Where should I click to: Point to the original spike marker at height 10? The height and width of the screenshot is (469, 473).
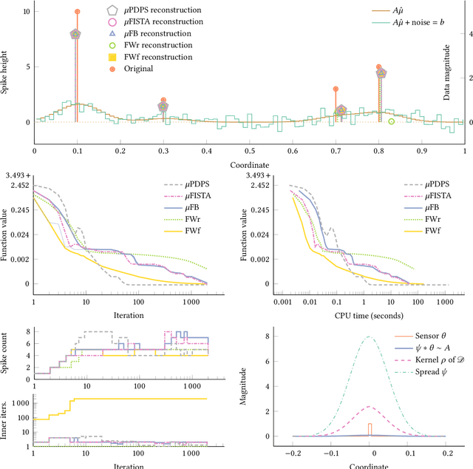pos(77,12)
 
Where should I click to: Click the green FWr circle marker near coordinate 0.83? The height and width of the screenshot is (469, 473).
pos(392,121)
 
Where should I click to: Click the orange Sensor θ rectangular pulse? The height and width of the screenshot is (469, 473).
pos(370,428)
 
